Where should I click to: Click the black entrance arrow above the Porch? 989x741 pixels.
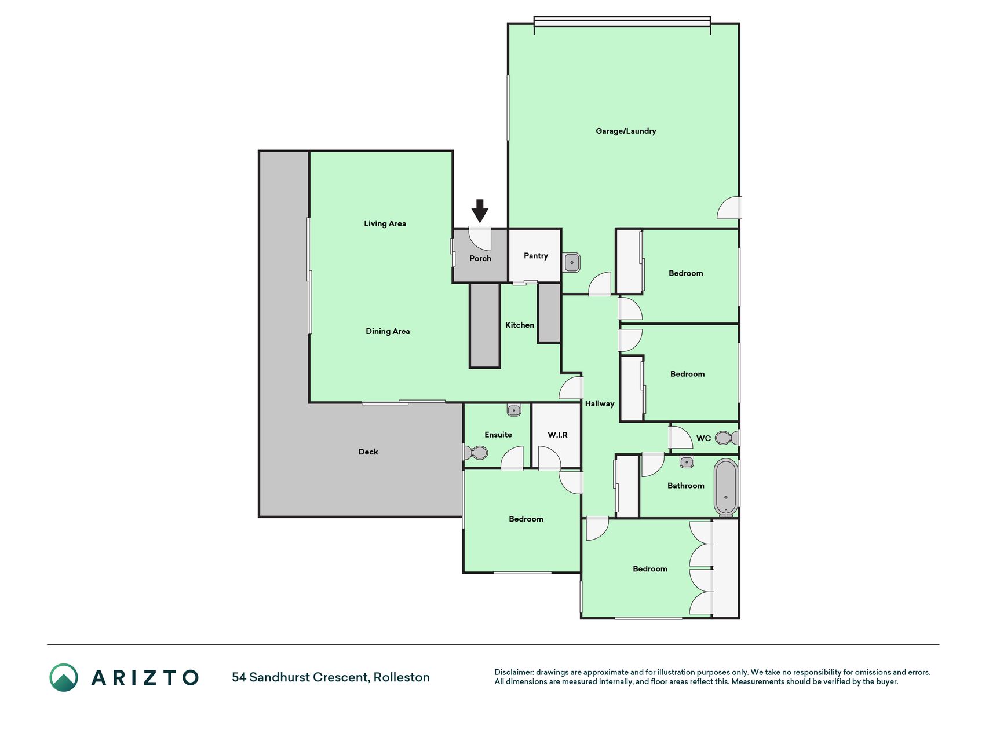480,211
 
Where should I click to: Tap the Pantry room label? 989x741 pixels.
535,256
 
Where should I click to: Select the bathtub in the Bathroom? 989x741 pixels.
725,487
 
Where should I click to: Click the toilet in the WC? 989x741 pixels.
726,438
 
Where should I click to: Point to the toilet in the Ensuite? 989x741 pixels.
476,452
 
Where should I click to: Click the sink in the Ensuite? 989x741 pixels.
514,410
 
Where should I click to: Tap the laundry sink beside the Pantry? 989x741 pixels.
571,263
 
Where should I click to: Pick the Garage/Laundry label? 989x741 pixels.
626,131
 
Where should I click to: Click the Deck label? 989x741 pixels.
368,452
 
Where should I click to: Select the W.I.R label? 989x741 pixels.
557,435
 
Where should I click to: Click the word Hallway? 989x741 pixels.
599,403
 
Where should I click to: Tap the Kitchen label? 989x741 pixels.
520,325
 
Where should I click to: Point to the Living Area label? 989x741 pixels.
385,223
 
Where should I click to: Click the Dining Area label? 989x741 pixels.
388,331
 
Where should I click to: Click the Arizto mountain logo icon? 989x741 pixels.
64,677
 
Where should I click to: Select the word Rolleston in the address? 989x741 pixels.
402,677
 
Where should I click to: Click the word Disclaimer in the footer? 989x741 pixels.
513,672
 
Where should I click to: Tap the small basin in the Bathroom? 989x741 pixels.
687,462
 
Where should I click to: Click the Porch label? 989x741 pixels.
480,258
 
